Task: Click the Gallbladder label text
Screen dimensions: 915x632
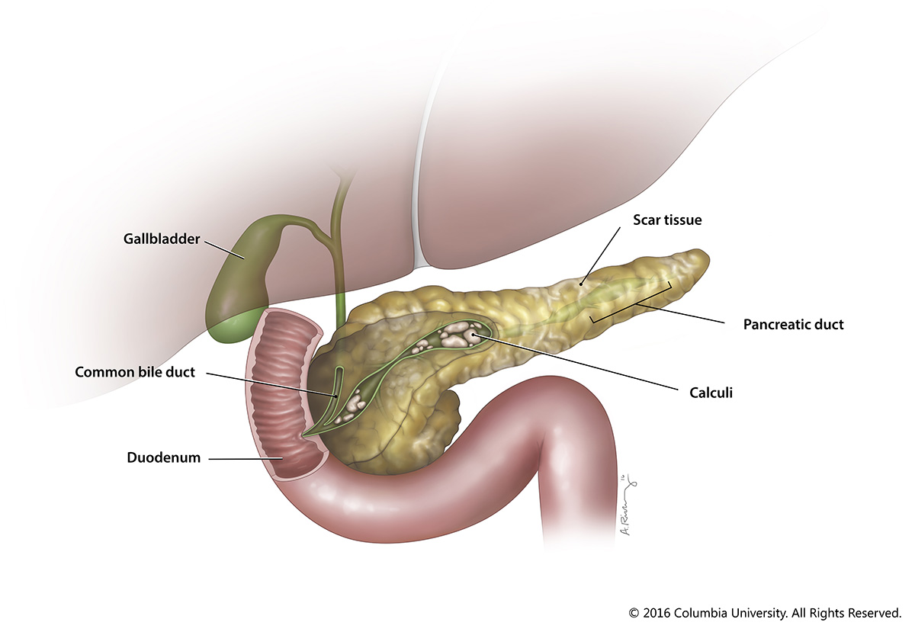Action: coord(162,239)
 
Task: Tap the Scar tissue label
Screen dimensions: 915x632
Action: coord(667,220)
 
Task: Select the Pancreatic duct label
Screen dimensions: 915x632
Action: coord(793,324)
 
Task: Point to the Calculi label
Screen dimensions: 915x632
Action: coord(711,393)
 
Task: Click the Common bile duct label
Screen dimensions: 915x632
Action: coord(135,372)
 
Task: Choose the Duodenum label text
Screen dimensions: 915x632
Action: coord(164,457)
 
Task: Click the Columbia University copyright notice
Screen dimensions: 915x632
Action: coord(765,613)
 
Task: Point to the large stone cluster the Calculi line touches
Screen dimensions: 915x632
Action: coord(460,334)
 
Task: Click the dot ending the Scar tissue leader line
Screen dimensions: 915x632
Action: coord(581,284)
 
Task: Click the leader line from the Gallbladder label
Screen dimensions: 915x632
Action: coord(225,249)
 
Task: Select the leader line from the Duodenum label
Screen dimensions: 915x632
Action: coord(246,459)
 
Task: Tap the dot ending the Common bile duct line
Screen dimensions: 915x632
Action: coord(335,396)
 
